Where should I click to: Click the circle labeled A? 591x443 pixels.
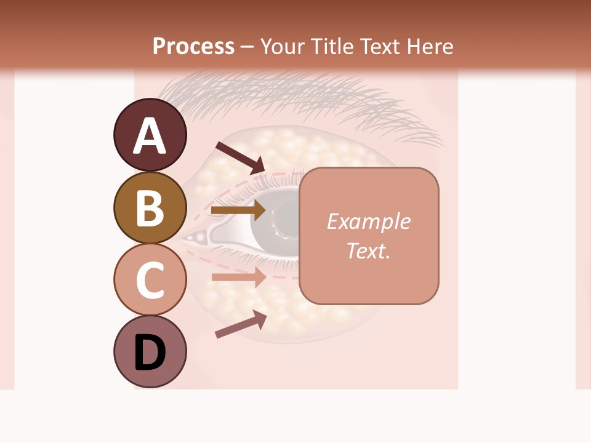(150, 135)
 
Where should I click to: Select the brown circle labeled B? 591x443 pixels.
(150, 208)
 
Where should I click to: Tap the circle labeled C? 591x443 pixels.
(150, 279)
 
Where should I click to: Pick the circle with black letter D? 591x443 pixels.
(150, 352)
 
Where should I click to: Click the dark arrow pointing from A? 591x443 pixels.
(240, 157)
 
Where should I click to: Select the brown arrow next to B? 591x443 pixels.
(238, 210)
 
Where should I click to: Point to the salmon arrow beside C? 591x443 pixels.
(238, 277)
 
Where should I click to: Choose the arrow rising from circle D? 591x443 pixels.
(240, 324)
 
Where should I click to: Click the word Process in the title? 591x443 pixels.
(193, 46)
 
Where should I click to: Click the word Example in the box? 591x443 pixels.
(368, 221)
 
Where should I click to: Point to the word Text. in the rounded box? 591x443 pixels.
(368, 250)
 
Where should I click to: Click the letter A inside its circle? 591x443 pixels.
(150, 135)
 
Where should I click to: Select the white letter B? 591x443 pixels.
(150, 208)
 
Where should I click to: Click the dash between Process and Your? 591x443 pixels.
(247, 47)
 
